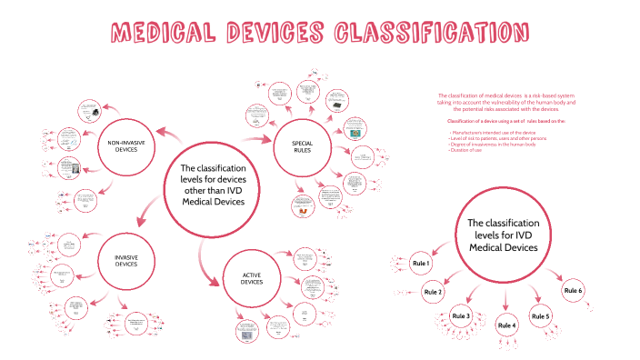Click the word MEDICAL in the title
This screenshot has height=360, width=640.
[165, 35]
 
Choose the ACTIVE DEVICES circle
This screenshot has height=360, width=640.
[252, 278]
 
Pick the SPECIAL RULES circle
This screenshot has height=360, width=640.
[302, 147]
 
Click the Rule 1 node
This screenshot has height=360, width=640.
[420, 264]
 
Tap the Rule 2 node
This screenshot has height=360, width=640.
[433, 293]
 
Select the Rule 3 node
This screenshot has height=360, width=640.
[460, 315]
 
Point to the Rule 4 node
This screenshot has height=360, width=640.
[506, 325]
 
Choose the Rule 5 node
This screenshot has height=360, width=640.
[541, 315]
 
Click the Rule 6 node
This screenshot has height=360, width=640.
[573, 290]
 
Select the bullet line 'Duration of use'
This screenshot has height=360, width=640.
[465, 149]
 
